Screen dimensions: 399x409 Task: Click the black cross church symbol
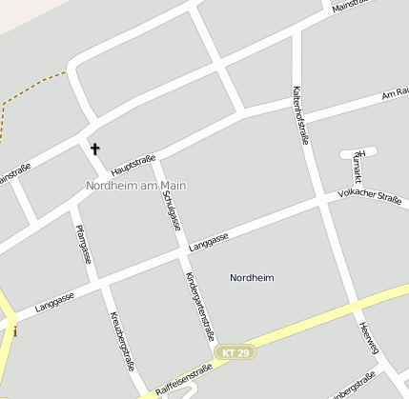tap(94, 149)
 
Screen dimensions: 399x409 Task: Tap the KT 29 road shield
tap(235, 352)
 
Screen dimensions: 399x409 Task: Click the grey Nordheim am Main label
tap(135, 186)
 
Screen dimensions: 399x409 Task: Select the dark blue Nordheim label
tap(252, 278)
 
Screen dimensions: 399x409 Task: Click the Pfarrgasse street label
tap(85, 242)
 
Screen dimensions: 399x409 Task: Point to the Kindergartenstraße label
tap(199, 306)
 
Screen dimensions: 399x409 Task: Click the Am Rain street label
tap(395, 94)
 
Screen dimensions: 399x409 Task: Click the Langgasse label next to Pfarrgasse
tap(54, 303)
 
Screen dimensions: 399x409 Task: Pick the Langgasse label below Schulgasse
tap(209, 243)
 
